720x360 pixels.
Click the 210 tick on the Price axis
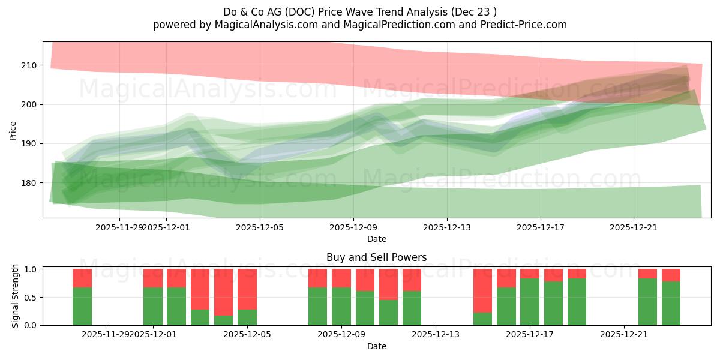(x=29, y=65)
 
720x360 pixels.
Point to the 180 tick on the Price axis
(x=29, y=183)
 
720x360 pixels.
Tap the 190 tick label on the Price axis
(x=29, y=144)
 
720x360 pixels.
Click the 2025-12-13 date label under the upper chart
(x=446, y=227)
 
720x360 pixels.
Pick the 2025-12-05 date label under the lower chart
(x=247, y=334)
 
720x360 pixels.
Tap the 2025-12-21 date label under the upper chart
(x=634, y=227)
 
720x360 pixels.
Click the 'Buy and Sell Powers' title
(x=376, y=257)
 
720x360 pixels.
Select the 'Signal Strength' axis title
(x=16, y=297)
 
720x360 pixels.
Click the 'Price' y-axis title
(x=13, y=130)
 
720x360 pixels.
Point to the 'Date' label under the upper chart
(x=376, y=239)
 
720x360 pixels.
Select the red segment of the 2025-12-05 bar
(x=247, y=289)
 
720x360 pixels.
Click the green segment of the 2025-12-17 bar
(x=530, y=302)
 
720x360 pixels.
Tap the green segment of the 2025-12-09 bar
(x=341, y=307)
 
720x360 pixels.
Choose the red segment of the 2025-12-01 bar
(x=153, y=278)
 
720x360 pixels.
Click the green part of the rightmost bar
(x=671, y=304)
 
